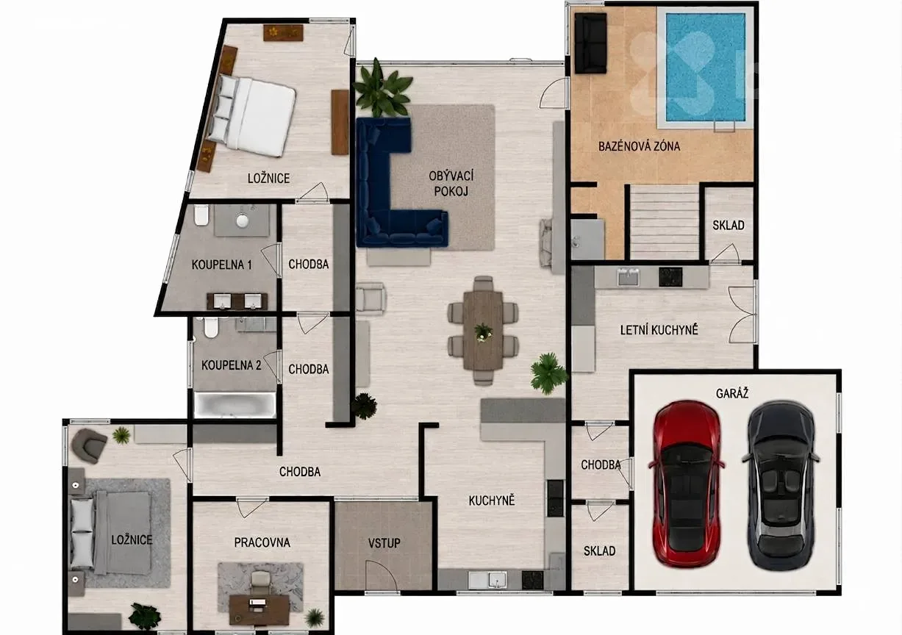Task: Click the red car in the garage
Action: (686, 484)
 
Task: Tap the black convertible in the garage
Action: (781, 485)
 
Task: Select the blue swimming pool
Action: (705, 68)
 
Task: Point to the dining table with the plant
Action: (483, 330)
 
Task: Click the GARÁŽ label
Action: (732, 393)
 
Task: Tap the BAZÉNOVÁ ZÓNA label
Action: (639, 146)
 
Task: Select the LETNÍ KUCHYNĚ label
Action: (659, 330)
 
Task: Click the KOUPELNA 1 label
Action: (221, 265)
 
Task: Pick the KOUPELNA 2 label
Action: (231, 365)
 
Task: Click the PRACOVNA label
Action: (262, 542)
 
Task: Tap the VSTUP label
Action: (384, 543)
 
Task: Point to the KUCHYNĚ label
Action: (492, 501)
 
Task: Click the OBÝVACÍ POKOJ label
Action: (451, 183)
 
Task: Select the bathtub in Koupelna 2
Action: (235, 405)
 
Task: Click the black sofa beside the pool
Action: (590, 43)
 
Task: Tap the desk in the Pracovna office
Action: (259, 609)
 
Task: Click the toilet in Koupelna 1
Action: (201, 215)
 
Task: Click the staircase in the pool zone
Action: (665, 222)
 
